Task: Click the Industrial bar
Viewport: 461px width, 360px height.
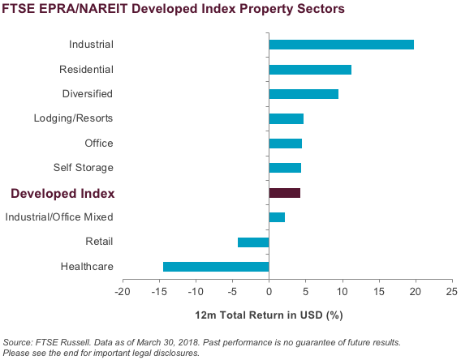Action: tap(342, 45)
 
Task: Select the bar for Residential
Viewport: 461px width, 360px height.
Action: tap(310, 70)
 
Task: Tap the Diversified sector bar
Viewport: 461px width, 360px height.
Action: tap(304, 94)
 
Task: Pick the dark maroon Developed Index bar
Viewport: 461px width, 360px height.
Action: tap(285, 193)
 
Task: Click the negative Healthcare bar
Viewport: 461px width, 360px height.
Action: tap(216, 267)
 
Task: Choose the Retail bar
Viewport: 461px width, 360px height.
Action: tap(253, 242)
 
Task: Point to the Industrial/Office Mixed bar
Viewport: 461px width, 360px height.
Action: tap(277, 217)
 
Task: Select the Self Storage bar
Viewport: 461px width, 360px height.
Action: tap(285, 168)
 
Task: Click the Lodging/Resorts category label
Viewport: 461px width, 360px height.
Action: tap(74, 118)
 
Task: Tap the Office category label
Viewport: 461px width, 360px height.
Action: tap(99, 143)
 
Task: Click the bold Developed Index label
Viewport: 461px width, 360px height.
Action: tap(62, 194)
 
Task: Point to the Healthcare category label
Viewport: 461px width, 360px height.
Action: tap(87, 266)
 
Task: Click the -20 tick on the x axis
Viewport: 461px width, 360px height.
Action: tap(123, 292)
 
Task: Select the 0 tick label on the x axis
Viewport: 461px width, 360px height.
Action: tap(269, 292)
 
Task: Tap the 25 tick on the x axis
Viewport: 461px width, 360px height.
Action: tap(452, 292)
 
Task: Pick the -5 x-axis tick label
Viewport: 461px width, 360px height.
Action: tap(232, 292)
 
